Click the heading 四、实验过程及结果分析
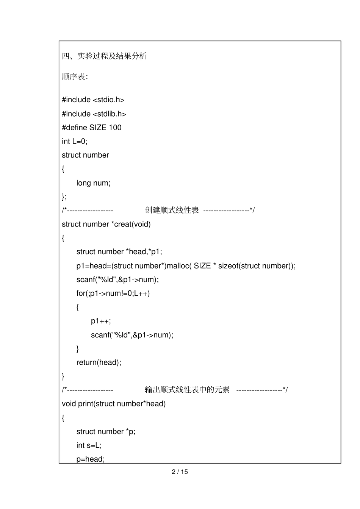104,56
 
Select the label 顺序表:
75,77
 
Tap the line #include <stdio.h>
93,100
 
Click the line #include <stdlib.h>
94,114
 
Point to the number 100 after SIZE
115,128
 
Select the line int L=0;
75,141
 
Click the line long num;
93,183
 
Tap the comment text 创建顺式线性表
172,210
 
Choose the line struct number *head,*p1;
119,252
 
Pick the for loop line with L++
113,293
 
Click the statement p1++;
101,321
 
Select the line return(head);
99,362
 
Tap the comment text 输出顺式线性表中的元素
187,390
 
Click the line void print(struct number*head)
114,404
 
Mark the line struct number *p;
106,431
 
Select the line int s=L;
89,445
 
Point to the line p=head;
91,459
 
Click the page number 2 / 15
180,472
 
